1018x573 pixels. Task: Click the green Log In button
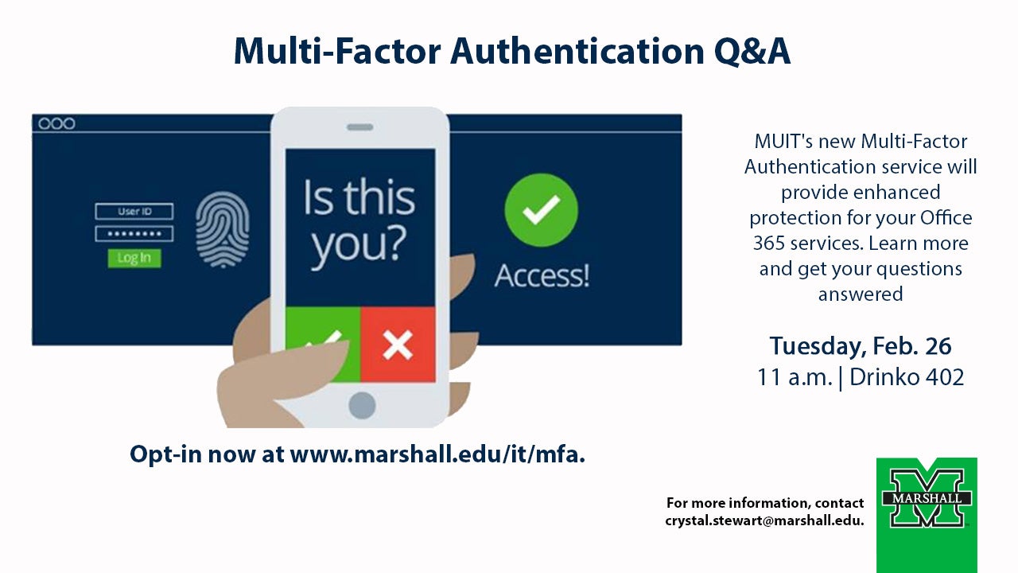point(134,259)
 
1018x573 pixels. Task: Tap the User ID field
point(134,212)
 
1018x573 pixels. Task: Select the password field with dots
point(134,234)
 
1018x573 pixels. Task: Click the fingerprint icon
point(222,230)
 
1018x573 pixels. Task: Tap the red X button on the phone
point(398,345)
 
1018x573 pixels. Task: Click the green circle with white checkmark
point(542,210)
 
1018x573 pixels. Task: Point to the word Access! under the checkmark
point(542,275)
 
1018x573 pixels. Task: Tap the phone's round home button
point(362,405)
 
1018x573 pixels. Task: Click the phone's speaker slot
point(360,127)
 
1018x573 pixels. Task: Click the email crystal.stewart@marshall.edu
point(764,520)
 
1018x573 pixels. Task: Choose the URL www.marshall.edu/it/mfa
point(437,454)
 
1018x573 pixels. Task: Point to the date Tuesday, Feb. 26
point(861,346)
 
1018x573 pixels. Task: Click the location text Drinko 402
point(907,377)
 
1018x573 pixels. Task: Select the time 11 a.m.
point(795,377)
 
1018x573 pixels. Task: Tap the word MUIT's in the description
point(783,142)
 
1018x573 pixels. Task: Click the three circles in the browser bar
point(56,123)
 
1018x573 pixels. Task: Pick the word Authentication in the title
point(577,52)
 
